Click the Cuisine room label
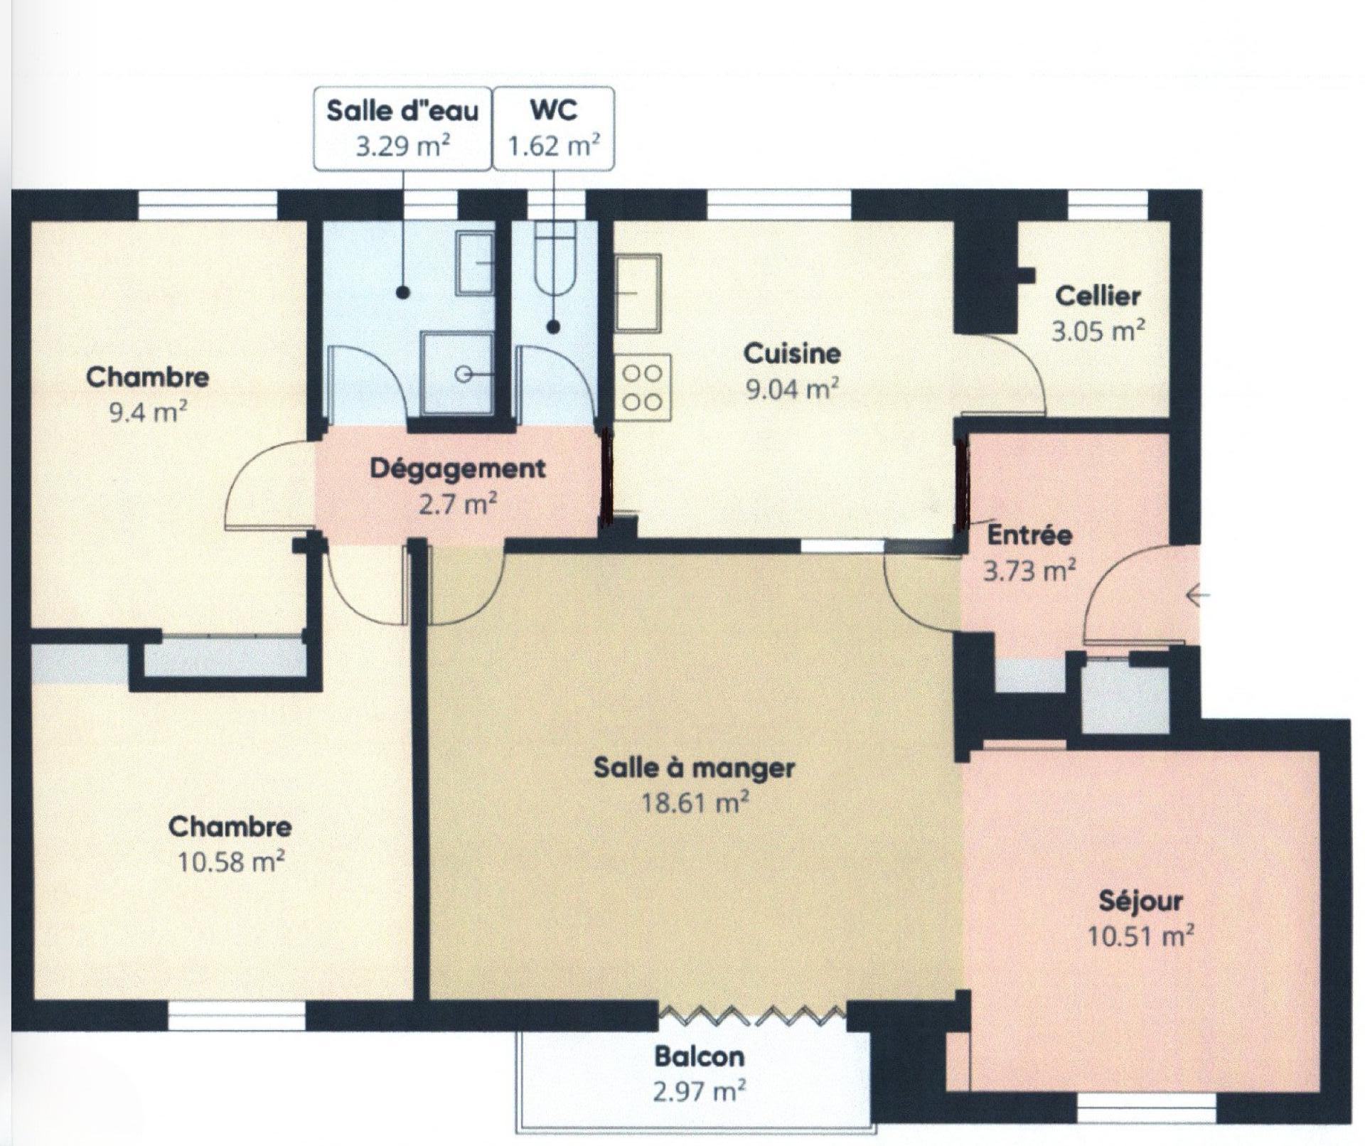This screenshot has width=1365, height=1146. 792,353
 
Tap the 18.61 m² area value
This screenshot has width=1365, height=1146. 695,803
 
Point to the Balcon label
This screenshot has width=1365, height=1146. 700,1056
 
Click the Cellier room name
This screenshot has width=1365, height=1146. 1098,296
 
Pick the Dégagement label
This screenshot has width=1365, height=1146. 458,469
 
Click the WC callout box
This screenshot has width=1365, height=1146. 553,129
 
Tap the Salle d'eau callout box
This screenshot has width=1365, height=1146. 402,129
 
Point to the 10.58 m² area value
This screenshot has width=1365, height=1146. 232,862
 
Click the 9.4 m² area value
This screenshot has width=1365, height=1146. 148,412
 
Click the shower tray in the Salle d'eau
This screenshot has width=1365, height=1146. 456,373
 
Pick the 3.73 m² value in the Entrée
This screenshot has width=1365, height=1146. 1029,570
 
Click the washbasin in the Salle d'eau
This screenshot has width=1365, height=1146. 474,264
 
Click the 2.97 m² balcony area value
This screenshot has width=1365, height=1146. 700,1091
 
